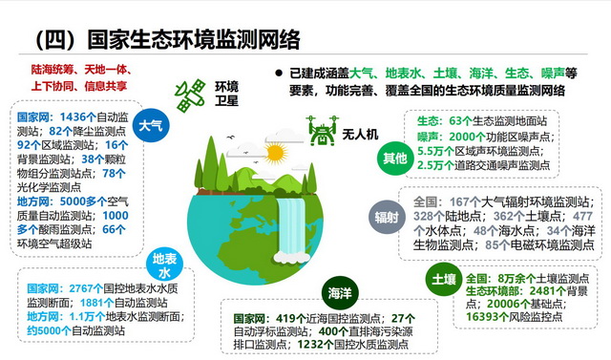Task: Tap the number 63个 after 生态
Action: pos(461,122)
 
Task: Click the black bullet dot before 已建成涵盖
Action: pos(279,73)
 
